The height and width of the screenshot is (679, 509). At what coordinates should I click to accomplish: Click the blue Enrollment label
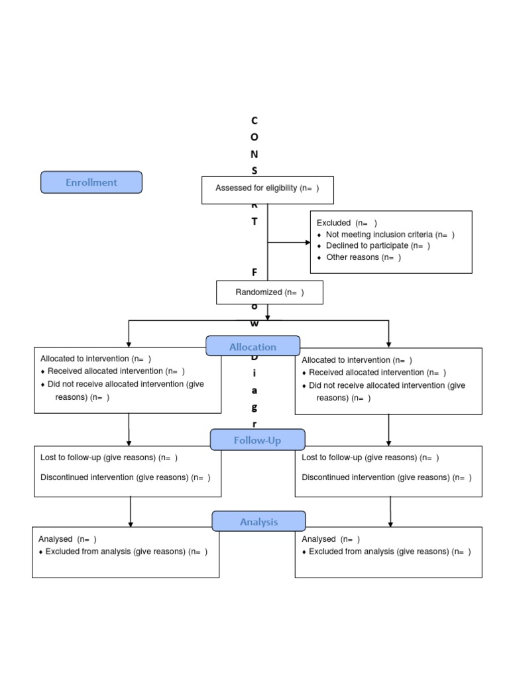pyautogui.click(x=91, y=182)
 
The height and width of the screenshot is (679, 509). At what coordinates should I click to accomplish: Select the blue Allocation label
pyautogui.click(x=253, y=346)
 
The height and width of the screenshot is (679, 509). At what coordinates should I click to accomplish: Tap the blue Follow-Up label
pyautogui.click(x=257, y=440)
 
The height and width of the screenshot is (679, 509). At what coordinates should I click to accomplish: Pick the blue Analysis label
pyautogui.click(x=258, y=522)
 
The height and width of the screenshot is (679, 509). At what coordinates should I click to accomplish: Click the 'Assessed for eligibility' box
pyautogui.click(x=267, y=189)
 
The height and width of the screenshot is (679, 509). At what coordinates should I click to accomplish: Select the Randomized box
pyautogui.click(x=270, y=292)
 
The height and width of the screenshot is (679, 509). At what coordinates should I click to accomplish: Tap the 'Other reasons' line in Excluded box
pyautogui.click(x=363, y=257)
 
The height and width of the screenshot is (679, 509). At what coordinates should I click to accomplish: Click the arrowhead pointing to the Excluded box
pyautogui.click(x=307, y=243)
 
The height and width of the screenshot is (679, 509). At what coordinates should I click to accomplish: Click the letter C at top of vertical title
pyautogui.click(x=254, y=120)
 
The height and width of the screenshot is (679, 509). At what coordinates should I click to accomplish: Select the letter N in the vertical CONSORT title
pyautogui.click(x=254, y=154)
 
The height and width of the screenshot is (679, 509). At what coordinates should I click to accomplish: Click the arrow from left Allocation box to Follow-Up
pyautogui.click(x=129, y=430)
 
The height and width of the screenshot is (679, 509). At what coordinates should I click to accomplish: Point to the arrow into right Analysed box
pyautogui.click(x=390, y=511)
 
